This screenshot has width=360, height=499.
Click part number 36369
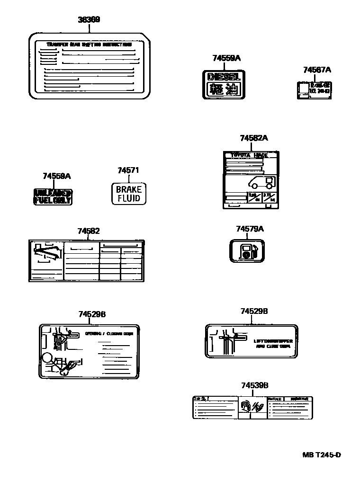pyautogui.click(x=89, y=20)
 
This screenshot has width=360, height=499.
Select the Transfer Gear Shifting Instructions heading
pyautogui.click(x=89, y=45)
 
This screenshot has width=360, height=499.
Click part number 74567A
pyautogui.click(x=317, y=70)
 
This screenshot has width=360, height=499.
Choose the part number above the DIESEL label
pyautogui.click(x=226, y=58)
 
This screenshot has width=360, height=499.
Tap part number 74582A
pyautogui.click(x=254, y=138)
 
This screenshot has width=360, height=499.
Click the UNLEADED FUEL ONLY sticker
pyautogui.click(x=53, y=196)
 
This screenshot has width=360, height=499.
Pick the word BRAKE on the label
pyautogui.click(x=129, y=189)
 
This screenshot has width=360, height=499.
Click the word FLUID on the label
pyautogui.click(x=129, y=198)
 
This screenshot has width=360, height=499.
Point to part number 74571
pyautogui.click(x=128, y=170)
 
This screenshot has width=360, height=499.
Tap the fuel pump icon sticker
pyautogui.click(x=247, y=250)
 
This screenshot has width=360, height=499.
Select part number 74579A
pyautogui.click(x=250, y=229)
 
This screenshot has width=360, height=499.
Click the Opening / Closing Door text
pyautogui.click(x=109, y=333)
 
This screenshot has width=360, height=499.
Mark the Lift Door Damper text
pyautogui.click(x=273, y=341)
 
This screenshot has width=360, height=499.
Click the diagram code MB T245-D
pyautogui.click(x=322, y=455)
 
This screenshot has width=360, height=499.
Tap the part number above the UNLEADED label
pyautogui.click(x=56, y=176)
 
